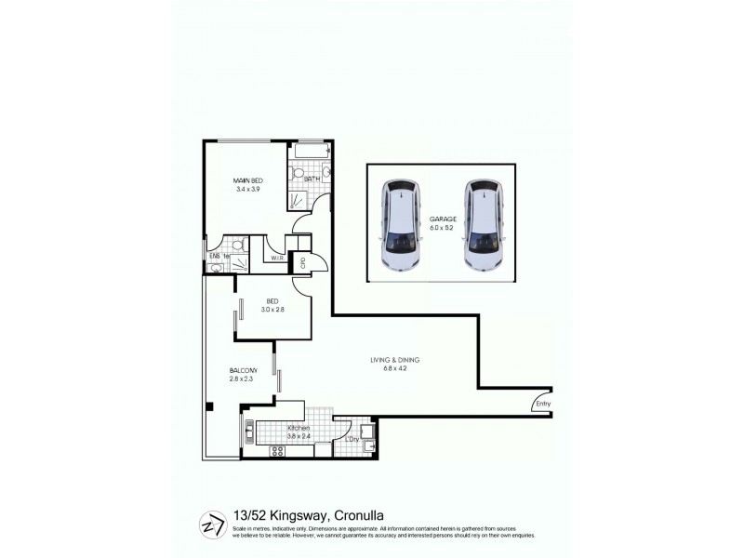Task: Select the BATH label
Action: [x=312, y=179]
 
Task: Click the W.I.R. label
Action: [x=275, y=258]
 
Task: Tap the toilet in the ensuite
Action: [x=237, y=246]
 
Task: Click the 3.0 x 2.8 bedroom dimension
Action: [x=272, y=310]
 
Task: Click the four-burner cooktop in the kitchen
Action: [x=276, y=451]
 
